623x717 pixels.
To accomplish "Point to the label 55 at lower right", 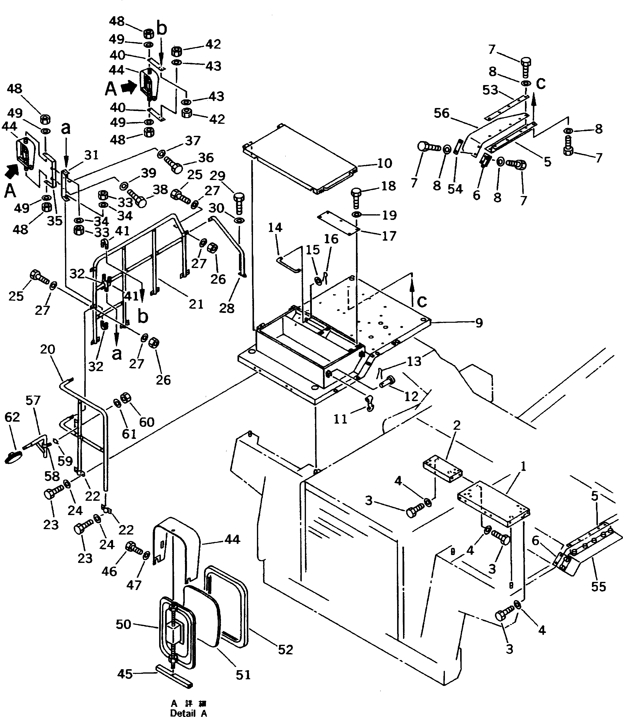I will click(x=598, y=587).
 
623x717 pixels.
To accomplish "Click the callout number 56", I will click(x=441, y=113).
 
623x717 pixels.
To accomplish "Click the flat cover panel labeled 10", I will click(x=299, y=158).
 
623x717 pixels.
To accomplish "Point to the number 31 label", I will click(x=91, y=155).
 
